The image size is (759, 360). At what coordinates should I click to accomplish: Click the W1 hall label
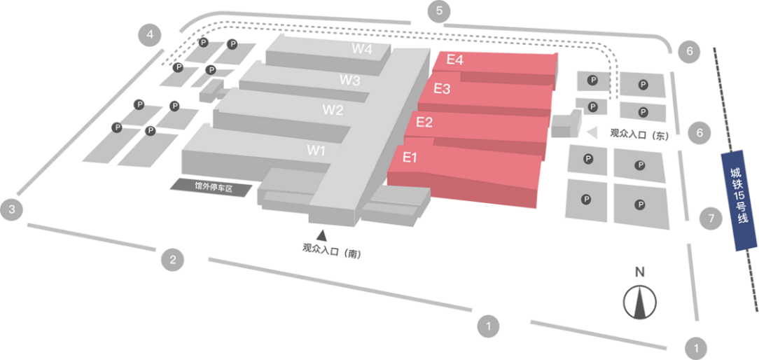316,150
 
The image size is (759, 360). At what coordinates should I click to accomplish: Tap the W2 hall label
333,110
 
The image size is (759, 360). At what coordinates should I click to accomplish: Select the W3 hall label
350,80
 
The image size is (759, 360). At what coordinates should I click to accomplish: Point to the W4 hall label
362,49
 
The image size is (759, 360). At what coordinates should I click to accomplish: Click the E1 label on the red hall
410,158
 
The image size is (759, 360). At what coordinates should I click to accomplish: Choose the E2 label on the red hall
424,123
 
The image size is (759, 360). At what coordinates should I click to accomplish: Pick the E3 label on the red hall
442,89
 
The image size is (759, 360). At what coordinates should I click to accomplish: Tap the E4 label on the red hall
454,60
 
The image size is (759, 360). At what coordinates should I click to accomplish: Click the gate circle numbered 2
173,261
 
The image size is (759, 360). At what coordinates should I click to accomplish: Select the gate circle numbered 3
12,209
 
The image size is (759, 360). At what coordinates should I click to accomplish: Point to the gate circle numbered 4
150,34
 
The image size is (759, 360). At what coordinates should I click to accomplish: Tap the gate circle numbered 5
439,11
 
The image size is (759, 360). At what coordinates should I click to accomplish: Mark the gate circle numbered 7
711,219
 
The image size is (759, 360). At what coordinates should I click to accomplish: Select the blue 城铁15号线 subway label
739,200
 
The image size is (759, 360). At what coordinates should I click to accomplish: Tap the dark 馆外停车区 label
213,186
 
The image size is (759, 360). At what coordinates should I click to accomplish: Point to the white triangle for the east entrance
592,132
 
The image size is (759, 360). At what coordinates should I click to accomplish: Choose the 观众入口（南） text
331,249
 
